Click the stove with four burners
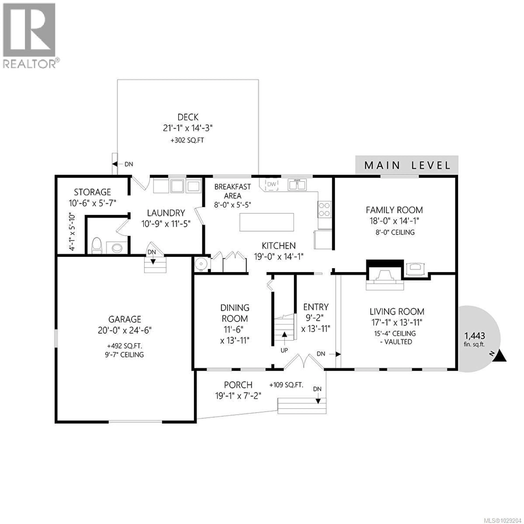pyautogui.click(x=324, y=209)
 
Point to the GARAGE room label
pyautogui.click(x=125, y=319)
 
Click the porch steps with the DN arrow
pyautogui.click(x=302, y=406)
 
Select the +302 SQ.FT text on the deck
pyautogui.click(x=187, y=140)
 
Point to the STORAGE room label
pyautogui.click(x=93, y=192)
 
